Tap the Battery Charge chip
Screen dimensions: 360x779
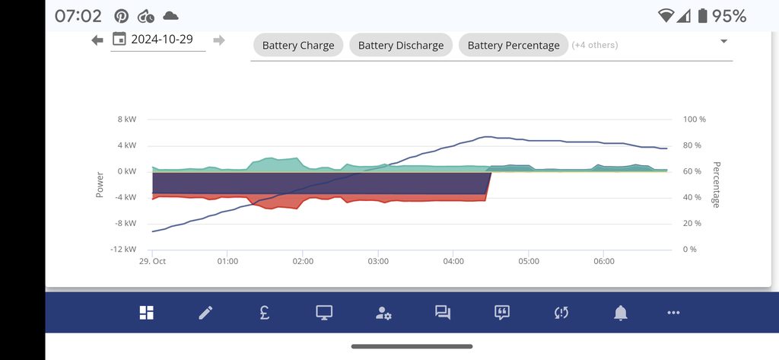pyautogui.click(x=298, y=45)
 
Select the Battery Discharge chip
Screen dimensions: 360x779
pyautogui.click(x=401, y=45)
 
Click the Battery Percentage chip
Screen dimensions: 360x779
pyautogui.click(x=514, y=45)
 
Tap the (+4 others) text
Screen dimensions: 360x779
pyautogui.click(x=595, y=45)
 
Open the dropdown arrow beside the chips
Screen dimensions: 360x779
pyautogui.click(x=723, y=41)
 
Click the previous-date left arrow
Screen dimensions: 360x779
pyautogui.click(x=97, y=40)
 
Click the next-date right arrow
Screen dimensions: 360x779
pyautogui.click(x=219, y=40)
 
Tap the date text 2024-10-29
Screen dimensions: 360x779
pyautogui.click(x=162, y=40)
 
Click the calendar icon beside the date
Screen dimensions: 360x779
pyautogui.click(x=119, y=40)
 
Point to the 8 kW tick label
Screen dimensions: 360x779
pyautogui.click(x=127, y=119)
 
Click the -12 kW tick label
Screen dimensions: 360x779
pyautogui.click(x=124, y=249)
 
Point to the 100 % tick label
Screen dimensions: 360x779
pyautogui.click(x=695, y=119)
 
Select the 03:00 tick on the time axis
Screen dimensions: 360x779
pyautogui.click(x=378, y=261)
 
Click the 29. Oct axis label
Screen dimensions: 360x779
pyautogui.click(x=152, y=261)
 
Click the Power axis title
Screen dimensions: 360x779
pyautogui.click(x=100, y=184)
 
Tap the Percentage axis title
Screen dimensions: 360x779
pyautogui.click(x=716, y=184)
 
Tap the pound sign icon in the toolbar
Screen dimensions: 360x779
pyautogui.click(x=264, y=312)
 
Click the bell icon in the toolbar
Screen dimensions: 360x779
pyautogui.click(x=621, y=312)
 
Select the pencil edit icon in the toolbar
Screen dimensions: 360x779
pyautogui.click(x=205, y=312)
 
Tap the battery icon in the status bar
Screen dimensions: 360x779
pyautogui.click(x=702, y=16)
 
